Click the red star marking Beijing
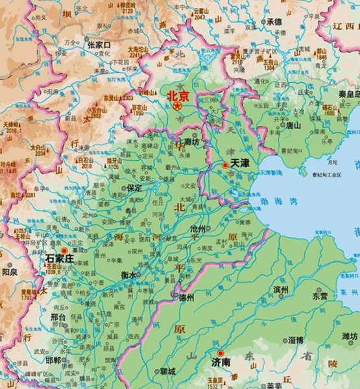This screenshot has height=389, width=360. coord(177,106)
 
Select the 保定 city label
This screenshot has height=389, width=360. coord(134,187)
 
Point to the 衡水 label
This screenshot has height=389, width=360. coord(129,275)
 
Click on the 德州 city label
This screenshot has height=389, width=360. coord(186,298)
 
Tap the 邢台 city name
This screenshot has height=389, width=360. coord(58,318)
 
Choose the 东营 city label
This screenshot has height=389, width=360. coord(319,295)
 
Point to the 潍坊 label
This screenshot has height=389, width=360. coord(349,336)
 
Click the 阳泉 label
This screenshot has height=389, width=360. coord(10,273)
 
